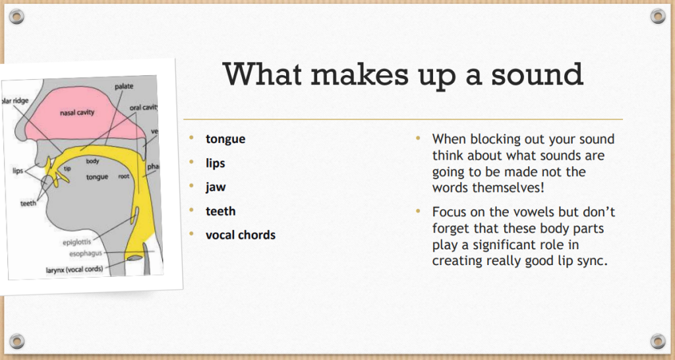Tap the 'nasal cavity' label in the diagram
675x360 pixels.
(x=77, y=112)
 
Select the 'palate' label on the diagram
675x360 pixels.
(x=124, y=86)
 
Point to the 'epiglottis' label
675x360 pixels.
(x=77, y=242)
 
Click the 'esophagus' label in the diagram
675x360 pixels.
(x=86, y=254)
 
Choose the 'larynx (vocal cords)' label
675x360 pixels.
(x=74, y=270)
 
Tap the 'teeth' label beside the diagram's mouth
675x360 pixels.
(x=28, y=203)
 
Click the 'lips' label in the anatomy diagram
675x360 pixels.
(x=18, y=171)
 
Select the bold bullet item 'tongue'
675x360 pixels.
(x=225, y=139)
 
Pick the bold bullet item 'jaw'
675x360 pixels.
(x=216, y=187)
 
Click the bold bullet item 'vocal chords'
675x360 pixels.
(x=241, y=235)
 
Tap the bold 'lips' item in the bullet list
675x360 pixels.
(x=216, y=164)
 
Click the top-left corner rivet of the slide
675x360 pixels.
(x=16, y=16)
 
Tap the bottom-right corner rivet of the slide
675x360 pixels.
(x=658, y=341)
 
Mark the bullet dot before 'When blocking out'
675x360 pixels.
(x=418, y=138)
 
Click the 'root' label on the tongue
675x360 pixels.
(x=123, y=176)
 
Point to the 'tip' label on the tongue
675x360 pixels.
(x=67, y=168)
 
